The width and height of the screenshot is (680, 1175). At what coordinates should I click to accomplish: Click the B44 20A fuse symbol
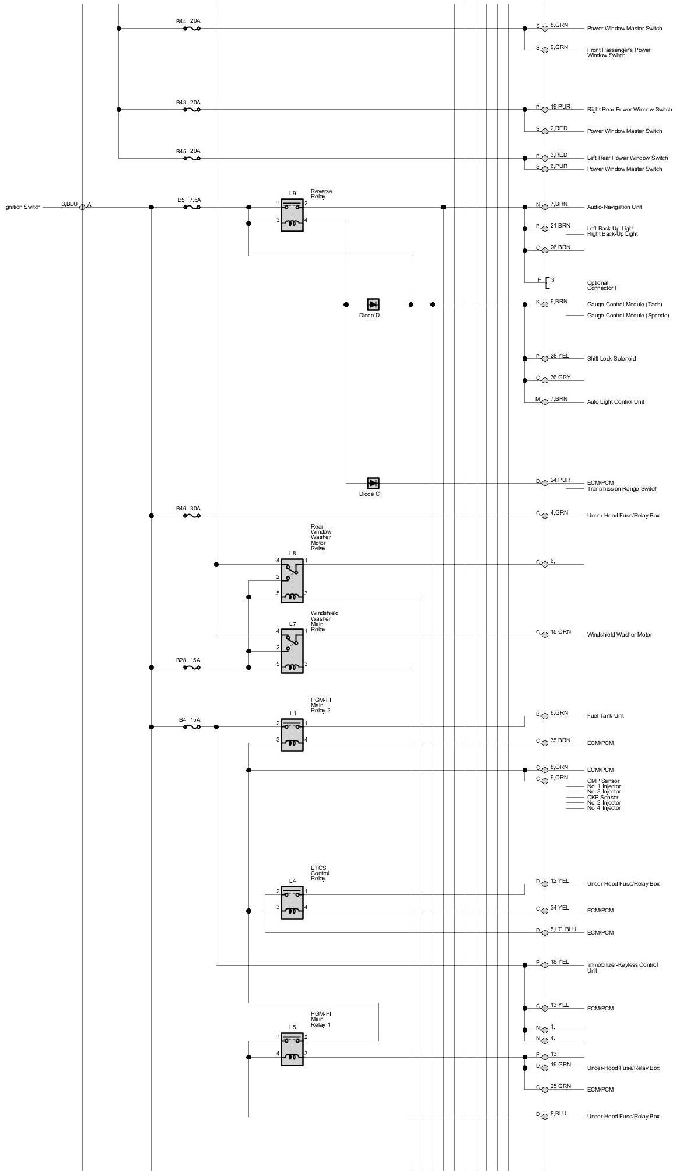(192, 28)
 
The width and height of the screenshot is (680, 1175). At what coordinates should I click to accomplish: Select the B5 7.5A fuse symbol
(192, 207)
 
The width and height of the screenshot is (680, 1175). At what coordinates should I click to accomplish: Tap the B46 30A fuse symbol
(192, 516)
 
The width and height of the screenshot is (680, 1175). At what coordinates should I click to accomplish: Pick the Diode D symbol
(373, 305)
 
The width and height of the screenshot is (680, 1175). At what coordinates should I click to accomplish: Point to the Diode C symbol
(373, 483)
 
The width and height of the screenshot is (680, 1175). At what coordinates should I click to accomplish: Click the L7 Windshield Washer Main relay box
(292, 651)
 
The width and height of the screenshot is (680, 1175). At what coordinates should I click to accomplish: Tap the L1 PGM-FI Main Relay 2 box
(292, 735)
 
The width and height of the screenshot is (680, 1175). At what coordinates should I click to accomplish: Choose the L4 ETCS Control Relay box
(292, 903)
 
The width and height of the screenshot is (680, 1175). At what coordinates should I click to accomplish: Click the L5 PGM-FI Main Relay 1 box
(292, 1049)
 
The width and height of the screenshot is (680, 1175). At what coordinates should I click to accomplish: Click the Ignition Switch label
(22, 207)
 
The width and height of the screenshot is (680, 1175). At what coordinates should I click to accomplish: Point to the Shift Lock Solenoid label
(611, 359)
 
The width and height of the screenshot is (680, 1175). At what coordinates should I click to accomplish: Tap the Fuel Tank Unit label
(605, 716)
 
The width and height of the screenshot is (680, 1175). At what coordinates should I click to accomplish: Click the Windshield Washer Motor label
(619, 635)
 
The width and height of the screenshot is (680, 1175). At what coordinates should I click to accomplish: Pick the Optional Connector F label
(602, 286)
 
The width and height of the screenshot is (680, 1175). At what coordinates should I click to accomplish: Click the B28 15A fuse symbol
(192, 667)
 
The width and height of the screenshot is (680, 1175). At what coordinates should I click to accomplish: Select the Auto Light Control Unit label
(615, 402)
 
